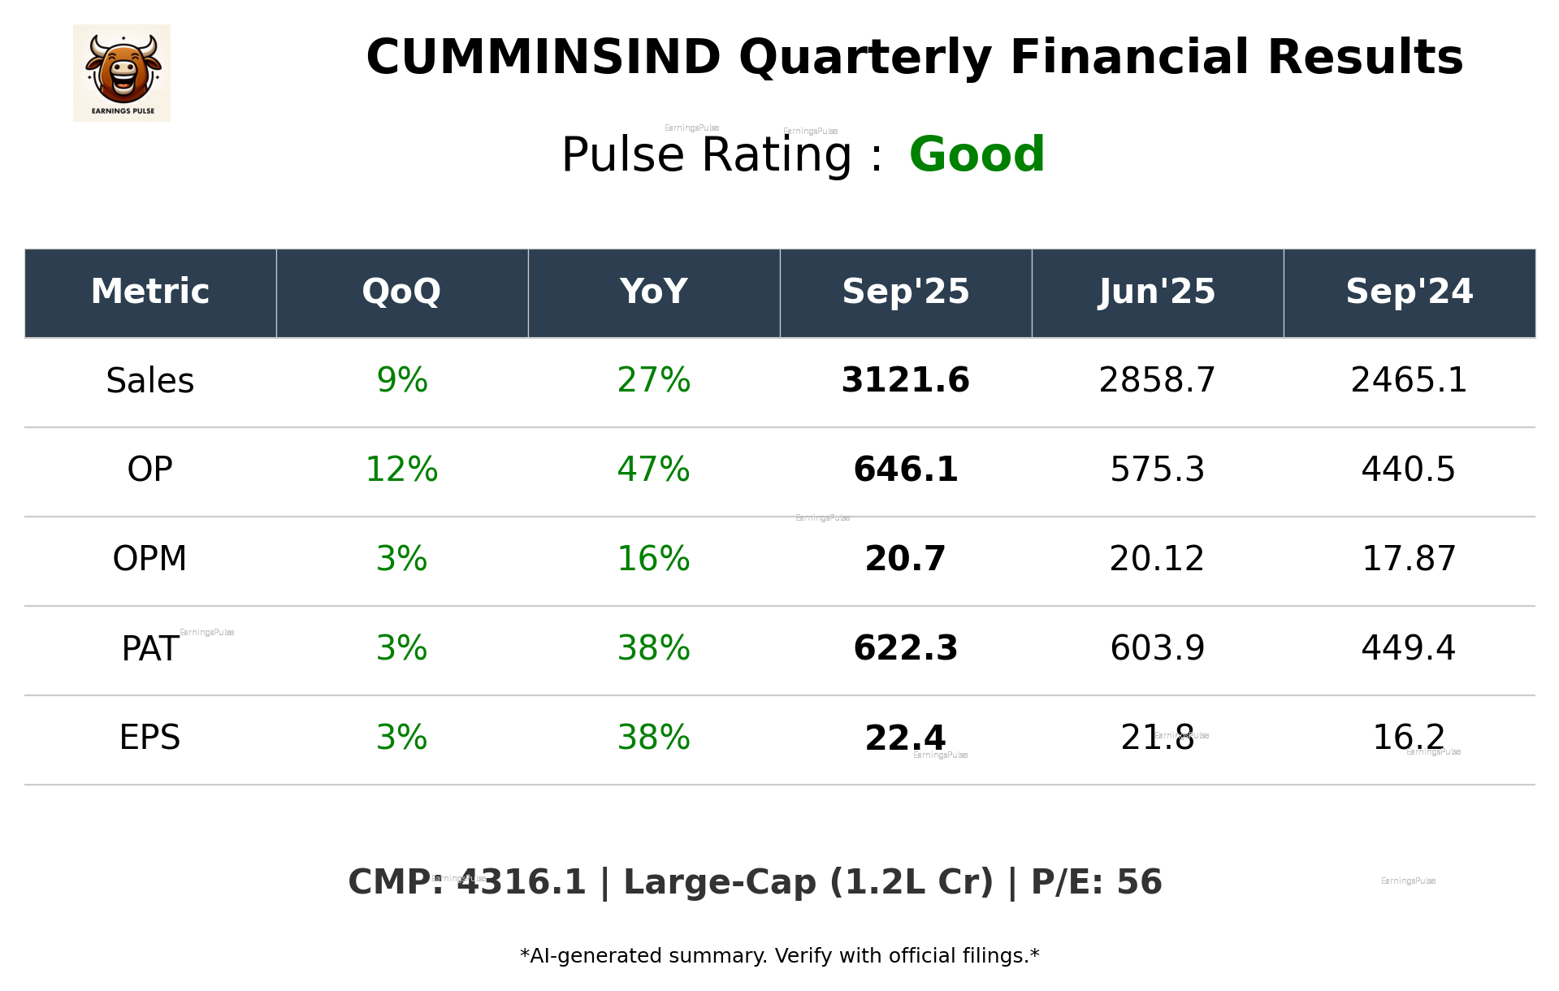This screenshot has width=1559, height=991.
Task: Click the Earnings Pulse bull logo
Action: click(122, 73)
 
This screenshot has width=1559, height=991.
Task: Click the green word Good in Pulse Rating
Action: click(977, 155)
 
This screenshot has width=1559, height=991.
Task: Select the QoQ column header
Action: click(401, 292)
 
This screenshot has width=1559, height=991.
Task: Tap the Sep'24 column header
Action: click(1409, 292)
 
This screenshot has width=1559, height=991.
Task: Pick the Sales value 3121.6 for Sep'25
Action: click(905, 381)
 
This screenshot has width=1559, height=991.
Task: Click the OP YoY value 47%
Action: click(653, 470)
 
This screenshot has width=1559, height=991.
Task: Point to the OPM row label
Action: click(149, 560)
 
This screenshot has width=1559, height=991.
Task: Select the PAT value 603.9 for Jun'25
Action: click(1157, 649)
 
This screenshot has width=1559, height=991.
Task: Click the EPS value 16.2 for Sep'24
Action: click(1408, 738)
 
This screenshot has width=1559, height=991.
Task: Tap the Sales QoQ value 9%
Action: click(401, 381)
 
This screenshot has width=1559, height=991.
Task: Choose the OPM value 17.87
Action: click(1408, 560)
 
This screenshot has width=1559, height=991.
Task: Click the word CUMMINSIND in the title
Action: click(543, 58)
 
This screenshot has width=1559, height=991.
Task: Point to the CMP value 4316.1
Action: click(521, 883)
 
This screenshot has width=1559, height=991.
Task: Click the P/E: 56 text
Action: click(1096, 883)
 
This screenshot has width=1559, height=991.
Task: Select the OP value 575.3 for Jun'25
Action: click(1157, 470)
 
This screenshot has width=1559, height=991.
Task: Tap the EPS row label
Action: click(149, 738)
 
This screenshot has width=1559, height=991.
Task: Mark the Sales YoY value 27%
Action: click(653, 381)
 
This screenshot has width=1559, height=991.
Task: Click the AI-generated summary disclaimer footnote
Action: click(779, 956)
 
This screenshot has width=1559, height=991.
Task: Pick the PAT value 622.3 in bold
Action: click(905, 649)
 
